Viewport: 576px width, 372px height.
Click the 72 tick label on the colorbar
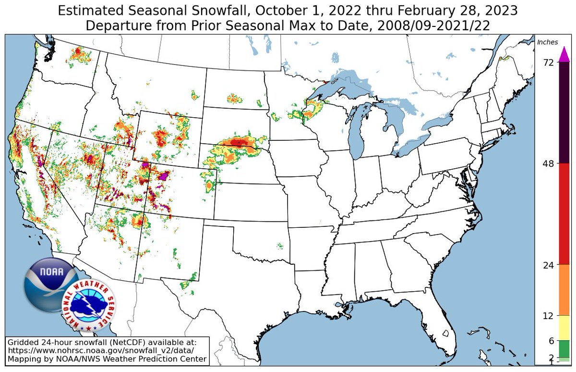[549, 62]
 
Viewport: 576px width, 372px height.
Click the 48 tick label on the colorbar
[549, 163]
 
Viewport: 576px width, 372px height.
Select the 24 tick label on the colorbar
[549, 265]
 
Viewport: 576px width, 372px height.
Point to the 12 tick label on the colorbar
[549, 316]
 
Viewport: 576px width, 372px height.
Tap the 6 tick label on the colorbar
[551, 341]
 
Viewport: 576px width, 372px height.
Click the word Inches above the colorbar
[547, 42]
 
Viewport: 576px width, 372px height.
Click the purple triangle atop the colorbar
[564, 55]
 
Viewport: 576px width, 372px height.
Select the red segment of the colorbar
[564, 214]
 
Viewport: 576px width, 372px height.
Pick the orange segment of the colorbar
[564, 290]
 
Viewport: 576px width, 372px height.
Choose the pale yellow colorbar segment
[564, 328]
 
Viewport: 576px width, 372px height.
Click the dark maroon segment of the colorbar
[564, 113]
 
